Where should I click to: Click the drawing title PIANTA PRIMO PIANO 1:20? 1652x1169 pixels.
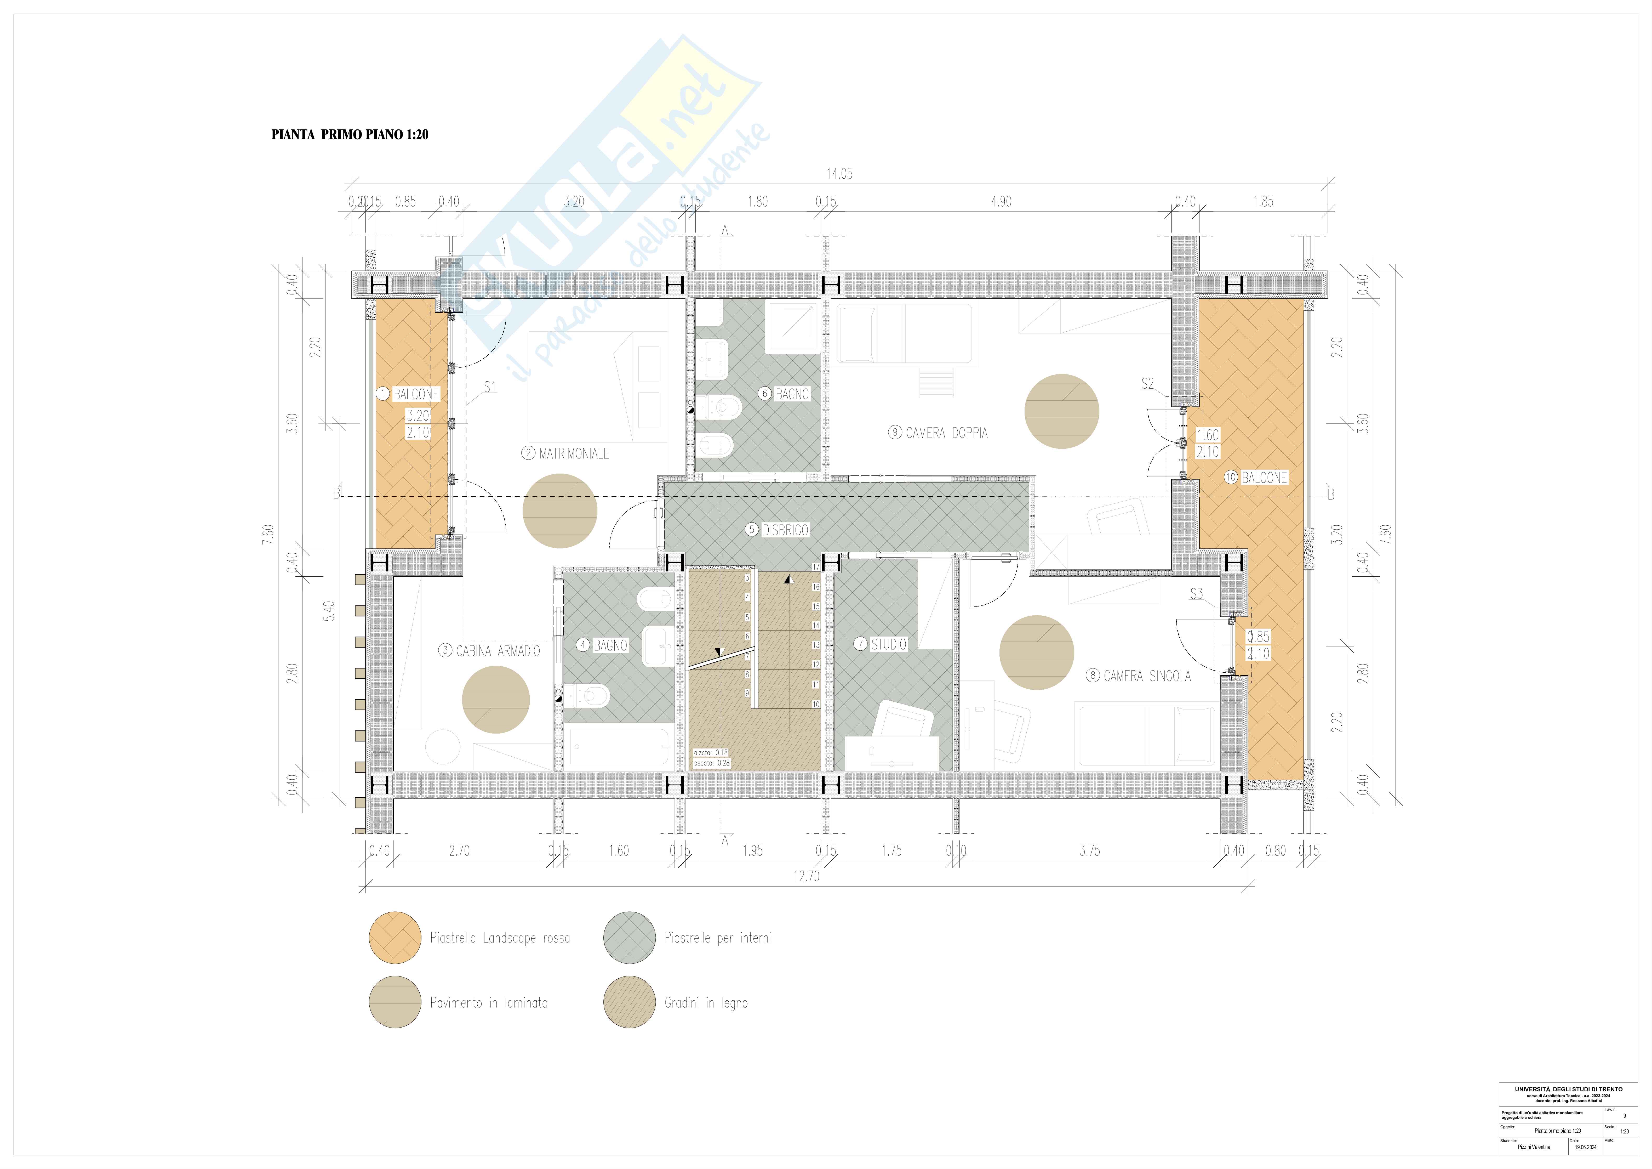point(350,135)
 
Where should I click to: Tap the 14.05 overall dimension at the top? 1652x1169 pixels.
point(839,173)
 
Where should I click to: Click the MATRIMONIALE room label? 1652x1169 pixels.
point(573,453)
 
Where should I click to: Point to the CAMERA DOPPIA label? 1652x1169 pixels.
point(946,433)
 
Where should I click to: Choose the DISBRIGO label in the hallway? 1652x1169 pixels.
point(785,530)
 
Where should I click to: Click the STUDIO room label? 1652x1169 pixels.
point(889,644)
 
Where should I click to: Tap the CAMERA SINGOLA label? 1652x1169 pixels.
point(1147,676)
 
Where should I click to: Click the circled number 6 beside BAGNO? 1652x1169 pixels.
point(765,394)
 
